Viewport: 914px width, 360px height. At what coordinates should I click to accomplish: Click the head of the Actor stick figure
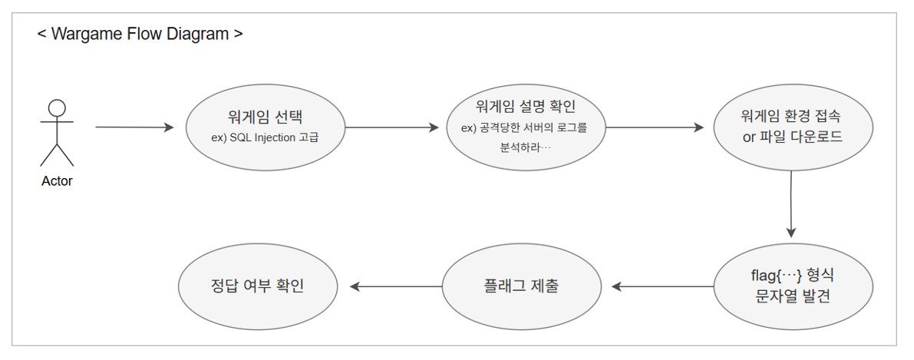coord(57,108)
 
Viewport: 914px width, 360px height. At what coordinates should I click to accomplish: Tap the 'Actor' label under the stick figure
coord(57,182)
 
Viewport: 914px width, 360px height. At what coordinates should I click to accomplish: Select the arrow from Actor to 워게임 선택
coord(135,127)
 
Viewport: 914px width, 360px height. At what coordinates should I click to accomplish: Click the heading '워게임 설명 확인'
coord(525,107)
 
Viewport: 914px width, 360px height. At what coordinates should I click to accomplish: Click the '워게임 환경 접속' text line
coord(790,117)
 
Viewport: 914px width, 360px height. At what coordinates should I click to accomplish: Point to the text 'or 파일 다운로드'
coord(790,138)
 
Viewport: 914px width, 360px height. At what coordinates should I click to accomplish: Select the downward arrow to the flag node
coord(791,204)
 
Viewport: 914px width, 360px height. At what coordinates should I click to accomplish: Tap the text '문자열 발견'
coord(790,296)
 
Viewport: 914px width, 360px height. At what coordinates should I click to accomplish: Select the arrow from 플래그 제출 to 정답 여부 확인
coord(396,286)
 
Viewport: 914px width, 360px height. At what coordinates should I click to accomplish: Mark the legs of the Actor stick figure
coord(57,155)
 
